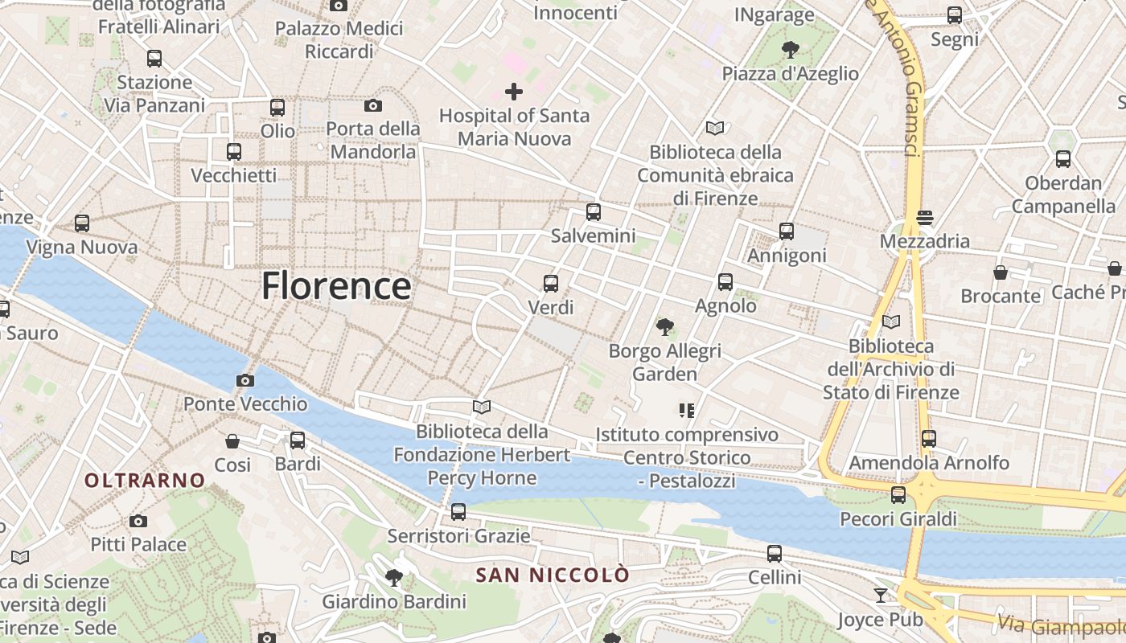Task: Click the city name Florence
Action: [x=336, y=286]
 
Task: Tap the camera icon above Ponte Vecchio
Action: [x=245, y=380]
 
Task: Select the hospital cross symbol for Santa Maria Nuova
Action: [x=514, y=92]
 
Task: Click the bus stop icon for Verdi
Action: [x=551, y=283]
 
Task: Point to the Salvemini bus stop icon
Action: [x=594, y=212]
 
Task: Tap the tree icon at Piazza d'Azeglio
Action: [x=791, y=50]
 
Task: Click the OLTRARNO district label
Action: [x=146, y=481]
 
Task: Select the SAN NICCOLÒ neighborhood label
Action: [x=553, y=575]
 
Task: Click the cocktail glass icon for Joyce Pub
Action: [x=881, y=596]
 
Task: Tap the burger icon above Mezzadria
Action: [x=925, y=217]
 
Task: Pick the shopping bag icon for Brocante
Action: [x=1001, y=272]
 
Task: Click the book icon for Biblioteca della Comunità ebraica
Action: [x=715, y=128]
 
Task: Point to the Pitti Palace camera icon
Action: [x=138, y=521]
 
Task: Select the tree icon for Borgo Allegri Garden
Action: [x=664, y=327]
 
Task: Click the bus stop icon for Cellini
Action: [x=775, y=553]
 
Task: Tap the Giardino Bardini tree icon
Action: [x=394, y=577]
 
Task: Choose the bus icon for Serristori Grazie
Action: [x=458, y=511]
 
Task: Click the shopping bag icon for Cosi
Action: [x=232, y=441]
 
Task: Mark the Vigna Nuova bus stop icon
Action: [x=82, y=223]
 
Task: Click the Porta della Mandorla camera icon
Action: [x=373, y=105]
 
